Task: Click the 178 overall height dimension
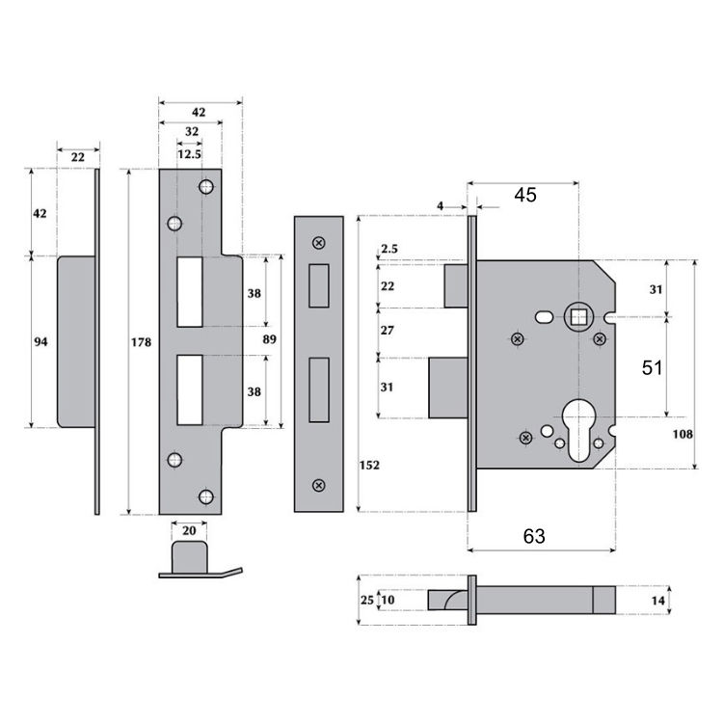point(142,341)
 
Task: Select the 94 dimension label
point(40,341)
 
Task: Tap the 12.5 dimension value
point(189,153)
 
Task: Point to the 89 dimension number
point(269,339)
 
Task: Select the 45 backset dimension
point(524,195)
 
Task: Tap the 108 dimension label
point(683,434)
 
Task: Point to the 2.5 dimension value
point(389,250)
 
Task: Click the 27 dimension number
point(389,331)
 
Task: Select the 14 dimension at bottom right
point(658,600)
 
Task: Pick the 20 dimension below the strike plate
point(189,529)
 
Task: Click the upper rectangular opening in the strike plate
point(189,291)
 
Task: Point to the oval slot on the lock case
point(545,316)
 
